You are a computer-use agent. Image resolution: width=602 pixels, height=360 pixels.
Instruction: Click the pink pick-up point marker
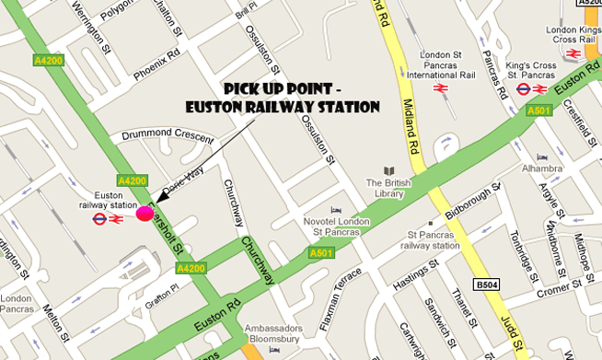click(x=145, y=214)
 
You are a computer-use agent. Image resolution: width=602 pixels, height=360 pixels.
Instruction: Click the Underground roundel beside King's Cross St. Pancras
click(x=523, y=89)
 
